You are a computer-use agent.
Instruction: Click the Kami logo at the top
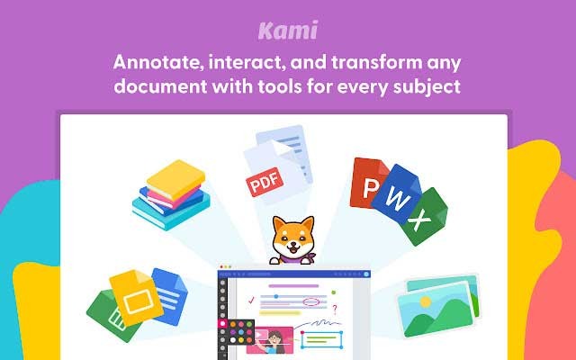[288, 31]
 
